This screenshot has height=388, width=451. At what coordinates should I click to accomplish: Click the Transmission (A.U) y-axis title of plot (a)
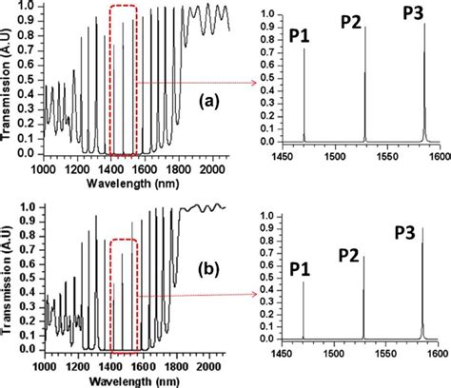(x=10, y=82)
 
